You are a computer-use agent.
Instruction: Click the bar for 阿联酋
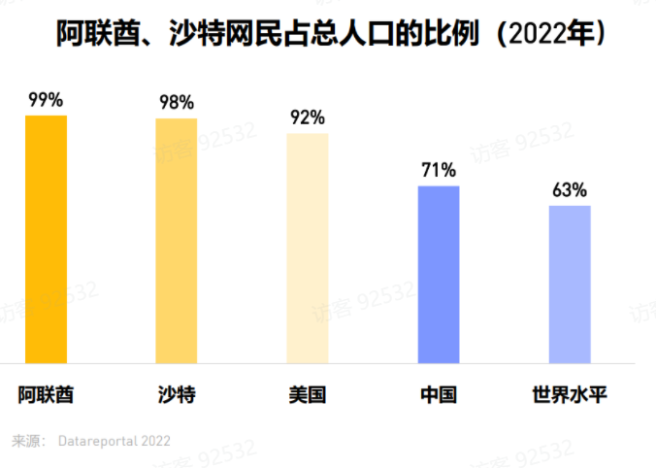pos(46,239)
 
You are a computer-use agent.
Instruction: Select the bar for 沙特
pos(176,241)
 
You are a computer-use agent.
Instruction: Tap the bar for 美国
pos(307,248)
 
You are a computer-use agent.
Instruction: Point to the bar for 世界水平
pos(569,284)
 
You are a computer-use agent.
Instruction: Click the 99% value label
pos(46,99)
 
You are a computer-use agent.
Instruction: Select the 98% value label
pos(176,102)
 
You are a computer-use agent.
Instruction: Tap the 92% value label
pos(307,117)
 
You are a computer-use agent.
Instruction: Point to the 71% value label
pos(438,170)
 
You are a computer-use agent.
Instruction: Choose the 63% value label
pos(569,189)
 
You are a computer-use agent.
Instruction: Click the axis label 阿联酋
pos(46,395)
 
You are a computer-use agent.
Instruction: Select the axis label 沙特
pos(176,395)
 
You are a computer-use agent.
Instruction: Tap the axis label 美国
pos(307,395)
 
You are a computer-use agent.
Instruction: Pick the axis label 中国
pos(438,395)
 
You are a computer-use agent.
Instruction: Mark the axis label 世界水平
pos(569,395)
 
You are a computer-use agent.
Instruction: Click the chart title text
pos(328,36)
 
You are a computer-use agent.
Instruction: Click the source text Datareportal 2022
pos(115,440)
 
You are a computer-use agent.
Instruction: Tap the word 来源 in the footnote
pos(25,440)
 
